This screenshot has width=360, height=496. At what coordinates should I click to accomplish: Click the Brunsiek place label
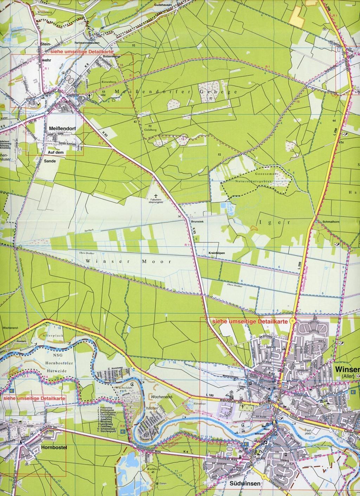point(195,222)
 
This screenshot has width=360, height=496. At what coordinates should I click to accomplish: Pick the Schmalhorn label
point(324,222)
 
